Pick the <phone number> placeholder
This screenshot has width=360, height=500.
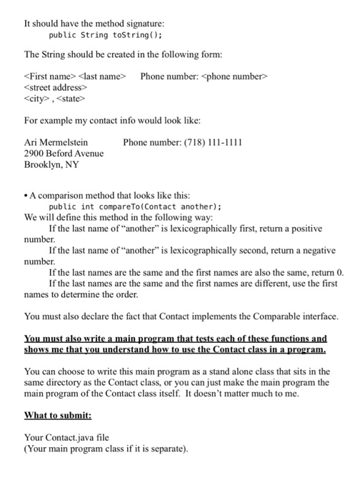point(239,76)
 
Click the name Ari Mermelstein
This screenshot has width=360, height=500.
point(56,142)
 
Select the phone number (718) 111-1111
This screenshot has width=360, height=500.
point(207,142)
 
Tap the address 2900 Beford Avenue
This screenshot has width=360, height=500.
point(64,154)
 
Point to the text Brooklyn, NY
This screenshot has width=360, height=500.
point(51,165)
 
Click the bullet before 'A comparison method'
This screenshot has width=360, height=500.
point(26,191)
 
